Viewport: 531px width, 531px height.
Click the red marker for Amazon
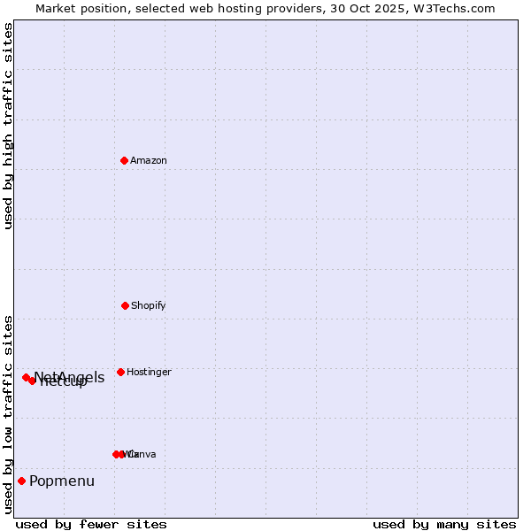124,160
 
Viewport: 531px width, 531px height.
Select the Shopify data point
125,305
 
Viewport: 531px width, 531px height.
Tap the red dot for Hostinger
120,372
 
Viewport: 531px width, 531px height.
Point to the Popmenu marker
21,481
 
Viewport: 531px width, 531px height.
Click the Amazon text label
149,160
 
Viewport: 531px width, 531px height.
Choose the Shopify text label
149,305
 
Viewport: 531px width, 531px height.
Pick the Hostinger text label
149,372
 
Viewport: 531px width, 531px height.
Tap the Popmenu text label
62,481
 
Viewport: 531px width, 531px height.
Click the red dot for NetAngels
26,377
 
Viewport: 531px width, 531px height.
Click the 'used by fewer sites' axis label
91,524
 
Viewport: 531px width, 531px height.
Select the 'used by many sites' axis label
444,524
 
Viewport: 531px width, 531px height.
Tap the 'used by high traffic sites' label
8,126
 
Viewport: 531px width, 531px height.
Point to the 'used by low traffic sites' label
8,414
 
